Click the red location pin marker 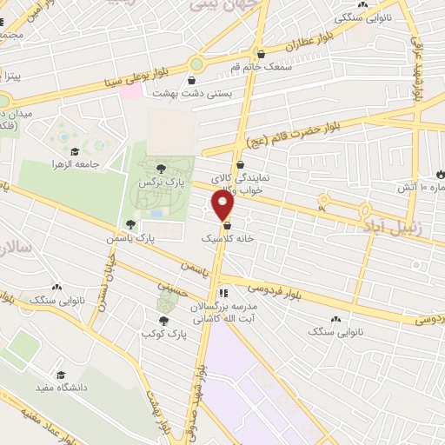tap(223, 205)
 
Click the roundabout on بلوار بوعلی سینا tap(196, 63)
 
